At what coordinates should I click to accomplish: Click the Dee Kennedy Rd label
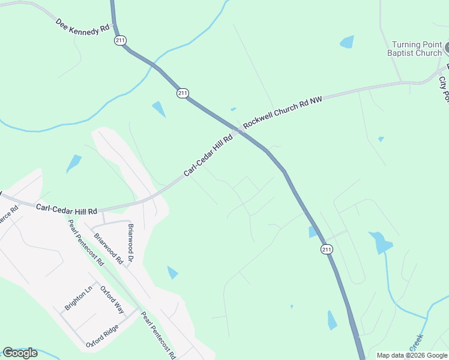[83, 27]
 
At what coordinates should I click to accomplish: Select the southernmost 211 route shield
[326, 249]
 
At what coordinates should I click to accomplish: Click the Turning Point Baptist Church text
[417, 49]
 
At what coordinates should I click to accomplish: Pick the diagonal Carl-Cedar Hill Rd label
[208, 155]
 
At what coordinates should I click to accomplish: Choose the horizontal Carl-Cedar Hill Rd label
[67, 210]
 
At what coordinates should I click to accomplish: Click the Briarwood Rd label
[108, 248]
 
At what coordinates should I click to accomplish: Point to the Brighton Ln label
[79, 298]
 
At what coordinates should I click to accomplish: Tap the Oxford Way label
[112, 301]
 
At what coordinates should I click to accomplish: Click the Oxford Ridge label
[102, 340]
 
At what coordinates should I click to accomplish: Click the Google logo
[20, 353]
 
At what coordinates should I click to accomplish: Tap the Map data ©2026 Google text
[412, 355]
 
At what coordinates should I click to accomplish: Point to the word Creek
[417, 343]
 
